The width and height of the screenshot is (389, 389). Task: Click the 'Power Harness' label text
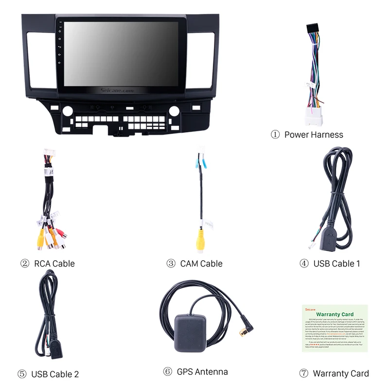(314, 135)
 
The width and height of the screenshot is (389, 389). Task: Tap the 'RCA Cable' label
(54, 264)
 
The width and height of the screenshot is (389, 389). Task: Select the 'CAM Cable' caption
(201, 264)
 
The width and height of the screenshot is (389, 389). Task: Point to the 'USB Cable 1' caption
(336, 264)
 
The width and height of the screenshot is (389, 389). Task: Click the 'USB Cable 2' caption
(55, 374)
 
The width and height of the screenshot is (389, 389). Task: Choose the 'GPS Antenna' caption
(202, 372)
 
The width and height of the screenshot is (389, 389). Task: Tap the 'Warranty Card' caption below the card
(340, 373)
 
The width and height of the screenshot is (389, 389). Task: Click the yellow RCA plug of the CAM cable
(200, 241)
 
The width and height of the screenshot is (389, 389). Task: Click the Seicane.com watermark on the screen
(117, 91)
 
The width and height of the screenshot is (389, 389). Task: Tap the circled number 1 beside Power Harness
(275, 135)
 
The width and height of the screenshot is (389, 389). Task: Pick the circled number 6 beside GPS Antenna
(168, 372)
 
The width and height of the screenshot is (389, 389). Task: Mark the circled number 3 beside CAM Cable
(171, 264)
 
